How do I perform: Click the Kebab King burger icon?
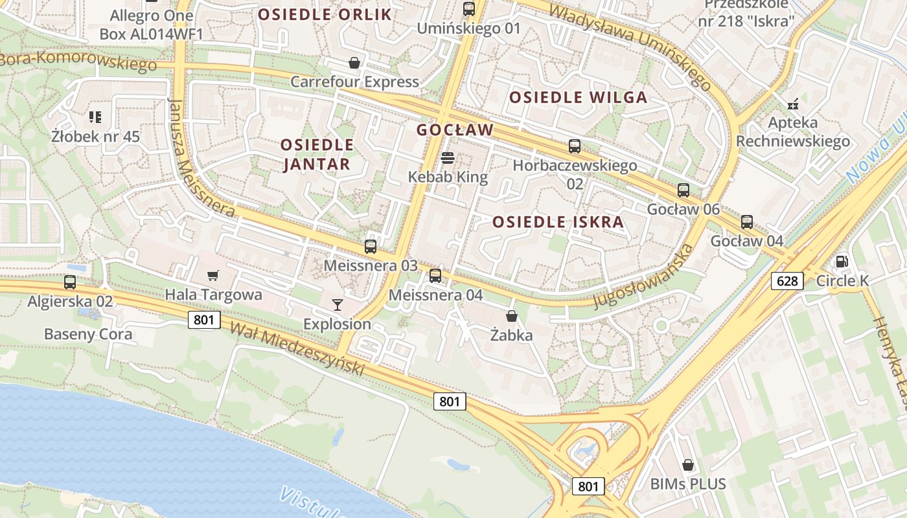tap(447, 157)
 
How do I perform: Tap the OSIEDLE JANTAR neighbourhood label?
tap(317, 154)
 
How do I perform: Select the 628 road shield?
tap(787, 280)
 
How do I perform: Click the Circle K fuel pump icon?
tap(842, 261)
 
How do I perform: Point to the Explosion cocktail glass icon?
tap(337, 304)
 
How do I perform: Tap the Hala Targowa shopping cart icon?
tap(213, 275)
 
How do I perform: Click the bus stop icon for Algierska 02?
tap(70, 282)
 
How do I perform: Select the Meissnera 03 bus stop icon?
tap(371, 246)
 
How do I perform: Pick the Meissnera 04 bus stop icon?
tap(435, 276)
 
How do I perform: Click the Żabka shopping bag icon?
tap(512, 316)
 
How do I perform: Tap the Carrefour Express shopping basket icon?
tap(354, 63)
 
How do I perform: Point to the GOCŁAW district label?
tap(455, 129)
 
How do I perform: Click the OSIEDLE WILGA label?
tap(578, 98)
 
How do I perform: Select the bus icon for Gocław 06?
tap(683, 190)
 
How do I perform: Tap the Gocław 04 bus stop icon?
tap(747, 222)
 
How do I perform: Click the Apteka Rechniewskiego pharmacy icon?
tap(792, 103)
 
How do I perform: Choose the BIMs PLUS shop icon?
tap(687, 464)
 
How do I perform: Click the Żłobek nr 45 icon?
tap(95, 117)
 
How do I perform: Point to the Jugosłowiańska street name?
tap(643, 277)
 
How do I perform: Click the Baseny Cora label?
tap(88, 334)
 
